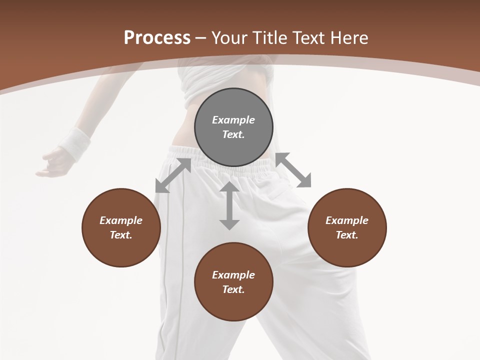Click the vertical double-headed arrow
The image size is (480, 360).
click(229, 205)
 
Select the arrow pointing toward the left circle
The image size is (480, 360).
click(173, 175)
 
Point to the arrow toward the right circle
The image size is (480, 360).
click(293, 170)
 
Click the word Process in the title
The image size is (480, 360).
click(157, 37)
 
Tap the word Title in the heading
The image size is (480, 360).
click(269, 37)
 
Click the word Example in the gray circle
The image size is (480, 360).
click(233, 120)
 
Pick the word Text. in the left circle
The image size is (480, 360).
click(121, 235)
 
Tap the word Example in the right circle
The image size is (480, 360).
click(347, 220)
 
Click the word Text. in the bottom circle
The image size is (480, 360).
click(233, 289)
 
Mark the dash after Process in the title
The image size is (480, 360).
click(201, 38)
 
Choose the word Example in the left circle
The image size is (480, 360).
click(121, 220)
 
